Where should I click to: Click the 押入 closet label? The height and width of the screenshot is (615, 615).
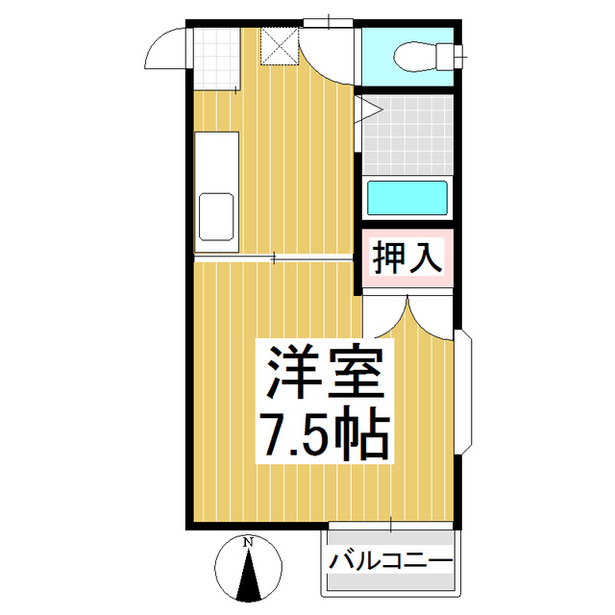pos(407,258)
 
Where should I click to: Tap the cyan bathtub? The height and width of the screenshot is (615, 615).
pos(407,198)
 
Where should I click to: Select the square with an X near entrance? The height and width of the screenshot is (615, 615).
pos(279,44)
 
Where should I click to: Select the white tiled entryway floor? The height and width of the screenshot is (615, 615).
pos(213,58)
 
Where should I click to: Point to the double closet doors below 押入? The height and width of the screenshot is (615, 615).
pos(408,317)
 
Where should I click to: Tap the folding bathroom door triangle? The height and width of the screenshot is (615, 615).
pos(368,110)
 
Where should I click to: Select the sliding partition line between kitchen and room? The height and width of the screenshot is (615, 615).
pos(274,258)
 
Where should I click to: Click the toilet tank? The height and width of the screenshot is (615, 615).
pos(446,56)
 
